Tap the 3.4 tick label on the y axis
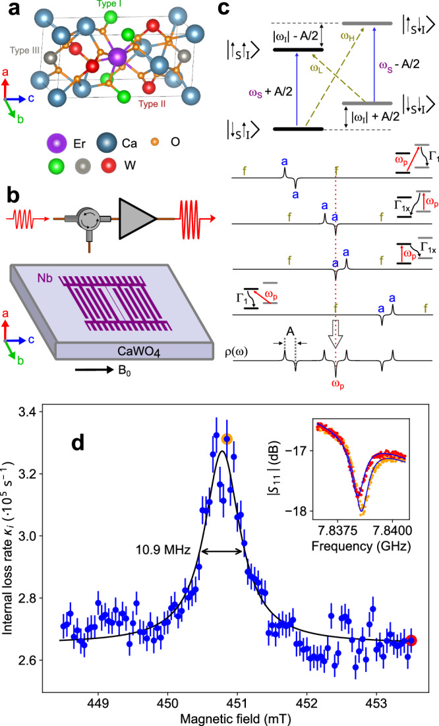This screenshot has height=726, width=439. (41, 412)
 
